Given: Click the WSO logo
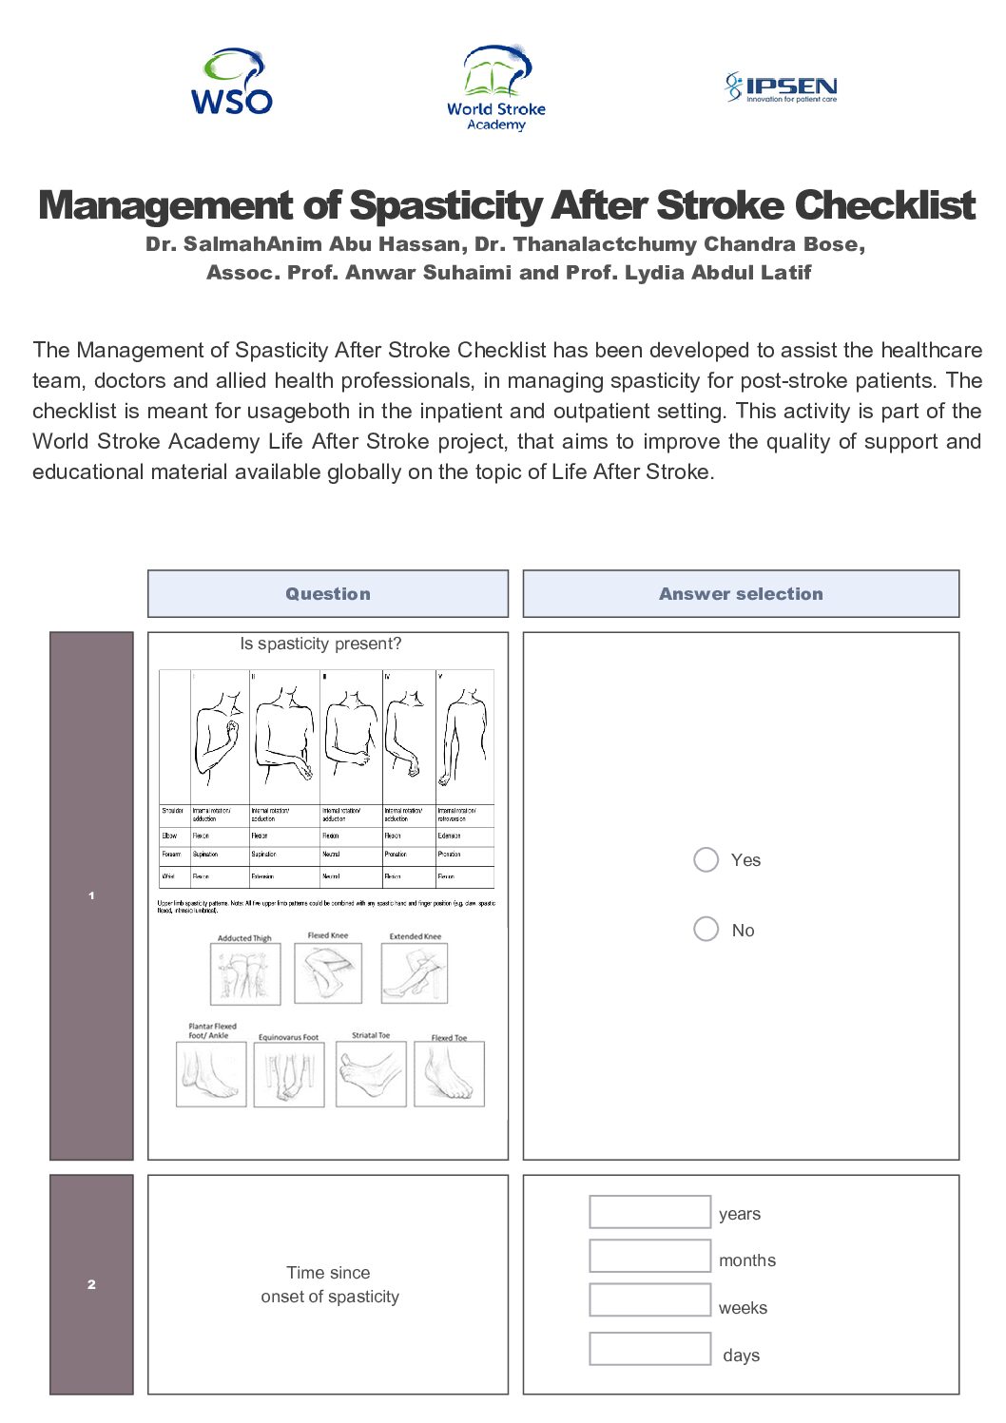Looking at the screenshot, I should (231, 83).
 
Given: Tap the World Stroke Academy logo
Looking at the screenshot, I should (496, 87).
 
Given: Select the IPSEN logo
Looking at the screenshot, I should (781, 87).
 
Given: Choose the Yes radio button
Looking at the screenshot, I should (706, 859).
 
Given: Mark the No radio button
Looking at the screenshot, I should (706, 929).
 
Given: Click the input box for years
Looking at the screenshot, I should (649, 1212).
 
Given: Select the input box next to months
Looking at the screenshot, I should (649, 1256).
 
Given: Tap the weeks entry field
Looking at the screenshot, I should (649, 1300).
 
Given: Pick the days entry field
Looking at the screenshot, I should (649, 1349).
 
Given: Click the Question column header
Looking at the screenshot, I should (328, 594).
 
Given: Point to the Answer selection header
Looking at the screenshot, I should (741, 594).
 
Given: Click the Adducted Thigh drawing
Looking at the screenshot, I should (245, 973).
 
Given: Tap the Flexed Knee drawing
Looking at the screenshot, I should (328, 971).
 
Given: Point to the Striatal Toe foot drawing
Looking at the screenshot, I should (371, 1074).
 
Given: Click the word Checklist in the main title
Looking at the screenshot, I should (884, 205).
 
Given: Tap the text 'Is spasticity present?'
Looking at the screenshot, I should (320, 644).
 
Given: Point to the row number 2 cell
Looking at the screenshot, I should (91, 1284).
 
